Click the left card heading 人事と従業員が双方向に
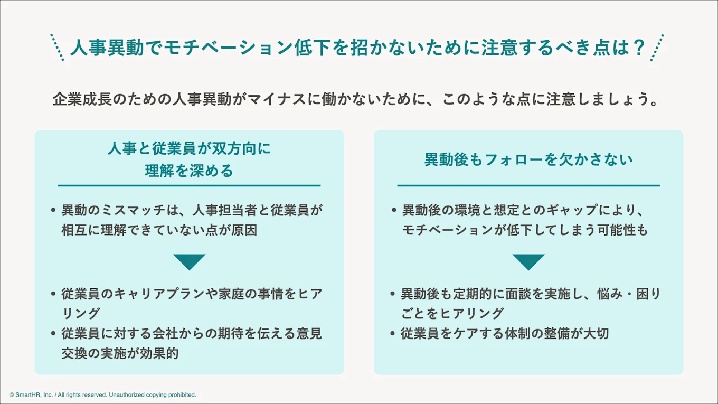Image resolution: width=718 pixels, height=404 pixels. click(x=189, y=149)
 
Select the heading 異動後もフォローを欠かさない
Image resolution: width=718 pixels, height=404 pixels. click(x=528, y=159)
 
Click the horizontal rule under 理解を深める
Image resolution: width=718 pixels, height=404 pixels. click(x=189, y=186)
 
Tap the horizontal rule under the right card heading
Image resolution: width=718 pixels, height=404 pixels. click(x=528, y=186)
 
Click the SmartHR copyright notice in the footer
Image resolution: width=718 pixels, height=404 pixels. click(x=102, y=394)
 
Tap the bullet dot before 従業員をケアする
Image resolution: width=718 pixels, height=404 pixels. click(x=393, y=334)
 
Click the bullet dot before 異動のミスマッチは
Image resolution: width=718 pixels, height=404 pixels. click(x=53, y=210)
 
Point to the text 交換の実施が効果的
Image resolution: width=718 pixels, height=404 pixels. click(x=120, y=353)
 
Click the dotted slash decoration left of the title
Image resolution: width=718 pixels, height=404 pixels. click(x=57, y=48)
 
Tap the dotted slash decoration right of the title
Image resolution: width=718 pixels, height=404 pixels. click(x=657, y=48)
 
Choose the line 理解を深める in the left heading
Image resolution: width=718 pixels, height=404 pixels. click(x=189, y=171)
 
